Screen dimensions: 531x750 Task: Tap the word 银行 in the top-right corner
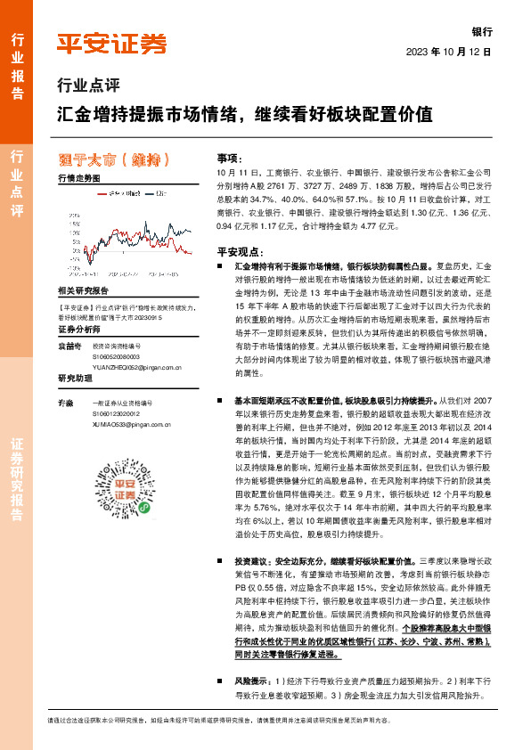point(482,31)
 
